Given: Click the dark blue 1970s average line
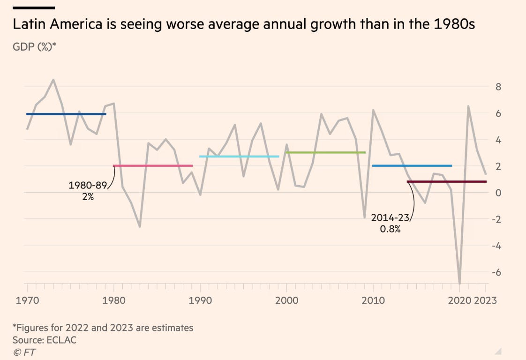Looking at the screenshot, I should click(x=66, y=114).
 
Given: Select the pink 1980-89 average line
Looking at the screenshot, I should click(x=153, y=165).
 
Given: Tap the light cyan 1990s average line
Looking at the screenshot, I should click(x=239, y=157).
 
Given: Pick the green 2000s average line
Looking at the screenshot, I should click(x=325, y=152).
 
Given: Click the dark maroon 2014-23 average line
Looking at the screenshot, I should click(x=446, y=181).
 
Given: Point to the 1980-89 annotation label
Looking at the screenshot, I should click(x=88, y=185).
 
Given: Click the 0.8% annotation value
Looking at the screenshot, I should click(x=391, y=230).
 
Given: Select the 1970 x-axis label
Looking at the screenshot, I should click(x=27, y=300).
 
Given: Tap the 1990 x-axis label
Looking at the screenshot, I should click(x=200, y=300).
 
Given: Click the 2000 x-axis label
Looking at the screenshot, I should click(x=286, y=300).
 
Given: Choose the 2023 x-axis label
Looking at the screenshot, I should click(x=485, y=300).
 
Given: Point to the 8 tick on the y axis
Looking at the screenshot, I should click(x=498, y=87).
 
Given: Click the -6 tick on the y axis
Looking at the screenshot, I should click(x=496, y=272).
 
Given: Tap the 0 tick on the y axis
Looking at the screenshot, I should click(x=498, y=193).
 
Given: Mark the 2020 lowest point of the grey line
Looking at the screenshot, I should click(x=460, y=283).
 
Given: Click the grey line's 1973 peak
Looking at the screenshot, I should click(x=53, y=80).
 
